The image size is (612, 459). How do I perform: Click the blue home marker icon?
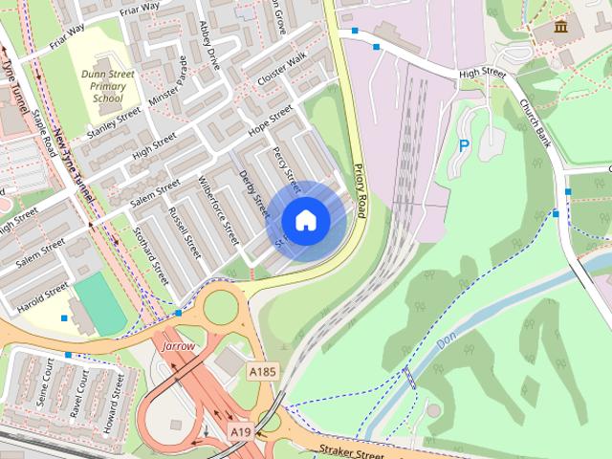tap(305, 220)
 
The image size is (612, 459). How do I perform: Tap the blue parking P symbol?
tap(464, 146)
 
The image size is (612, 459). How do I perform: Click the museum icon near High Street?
tap(560, 26)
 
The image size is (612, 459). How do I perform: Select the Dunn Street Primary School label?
tap(107, 85)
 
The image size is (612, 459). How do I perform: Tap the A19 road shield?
tap(241, 433)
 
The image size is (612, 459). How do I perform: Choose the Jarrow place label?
tap(179, 344)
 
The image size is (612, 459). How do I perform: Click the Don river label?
tap(446, 340)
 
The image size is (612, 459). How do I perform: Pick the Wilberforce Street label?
tap(218, 209)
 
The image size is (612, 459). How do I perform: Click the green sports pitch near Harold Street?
tap(100, 303)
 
